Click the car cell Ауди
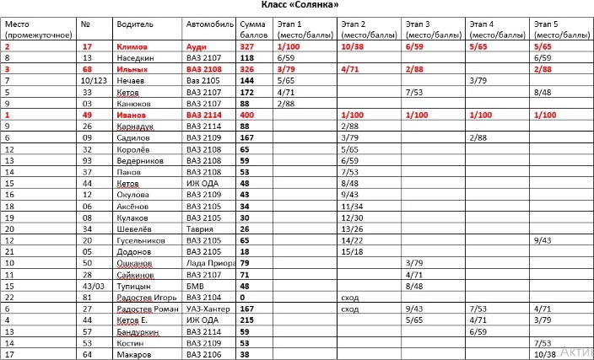click(196, 47)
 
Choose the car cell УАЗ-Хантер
click(208, 309)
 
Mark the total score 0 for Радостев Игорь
click(242, 297)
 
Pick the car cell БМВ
click(196, 285)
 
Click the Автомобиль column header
click(207, 24)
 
